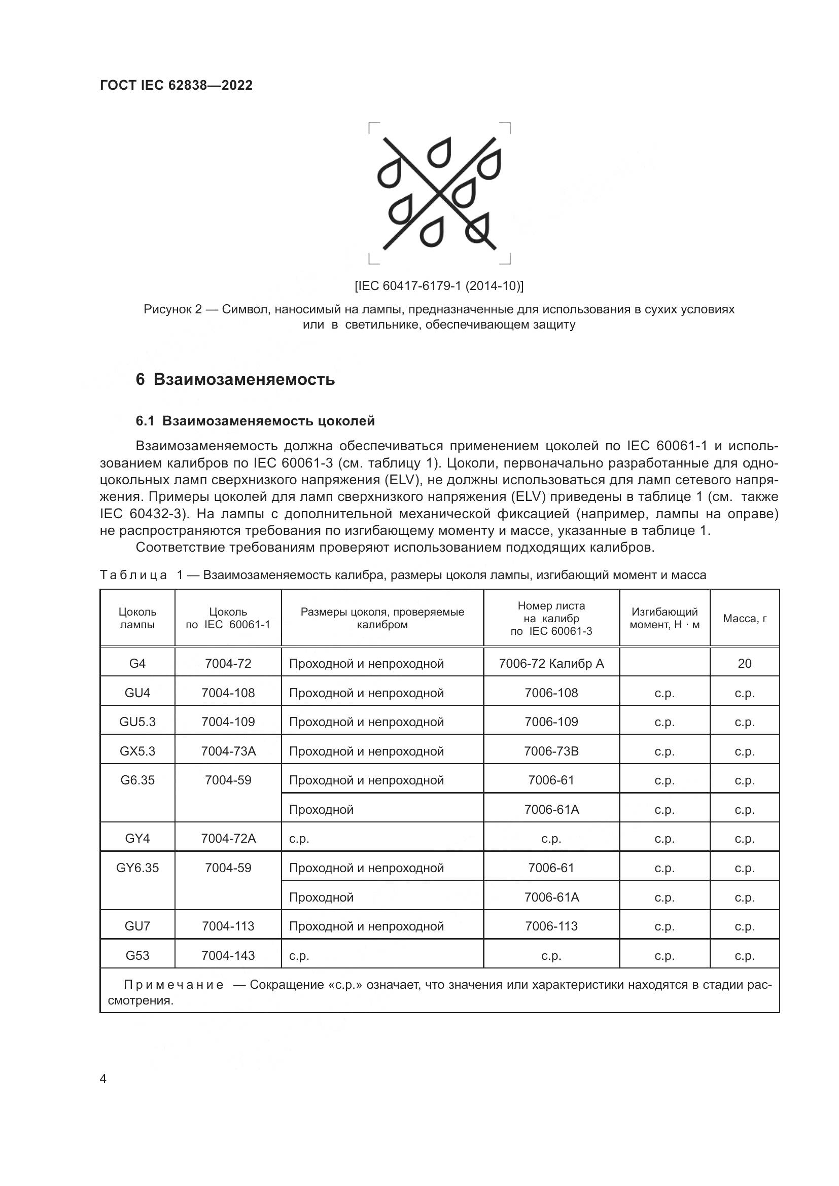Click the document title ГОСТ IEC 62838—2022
point(176,85)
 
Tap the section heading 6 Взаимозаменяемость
point(235,380)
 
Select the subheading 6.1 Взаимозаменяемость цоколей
point(255,421)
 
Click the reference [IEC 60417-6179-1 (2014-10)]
point(439,285)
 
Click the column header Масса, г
point(745,618)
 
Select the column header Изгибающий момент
point(665,618)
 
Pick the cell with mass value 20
point(745,664)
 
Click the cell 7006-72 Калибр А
point(551,664)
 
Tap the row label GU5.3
point(137,722)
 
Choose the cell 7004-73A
point(228,751)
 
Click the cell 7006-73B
point(551,751)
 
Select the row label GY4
point(137,839)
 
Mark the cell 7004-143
point(228,956)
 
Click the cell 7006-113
point(551,926)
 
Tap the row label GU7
point(137,926)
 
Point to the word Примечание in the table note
point(173,985)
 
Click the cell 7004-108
point(228,693)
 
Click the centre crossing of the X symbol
point(440,194)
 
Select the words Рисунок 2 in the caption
point(172,310)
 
